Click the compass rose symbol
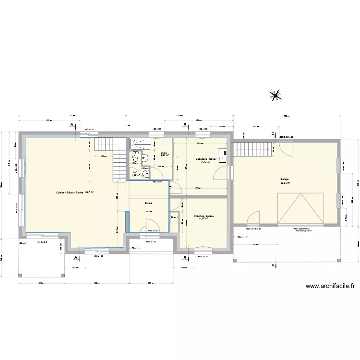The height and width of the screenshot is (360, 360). (276, 96)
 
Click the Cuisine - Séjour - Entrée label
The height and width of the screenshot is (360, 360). (70, 192)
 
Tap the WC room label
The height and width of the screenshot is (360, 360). (135, 173)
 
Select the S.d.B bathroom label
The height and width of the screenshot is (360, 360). (163, 154)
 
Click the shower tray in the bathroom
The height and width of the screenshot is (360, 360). (140, 143)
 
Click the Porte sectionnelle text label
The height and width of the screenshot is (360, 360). (303, 229)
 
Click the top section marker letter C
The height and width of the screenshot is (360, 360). (273, 133)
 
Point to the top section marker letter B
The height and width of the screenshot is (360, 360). (185, 125)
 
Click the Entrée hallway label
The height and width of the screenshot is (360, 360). (149, 204)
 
